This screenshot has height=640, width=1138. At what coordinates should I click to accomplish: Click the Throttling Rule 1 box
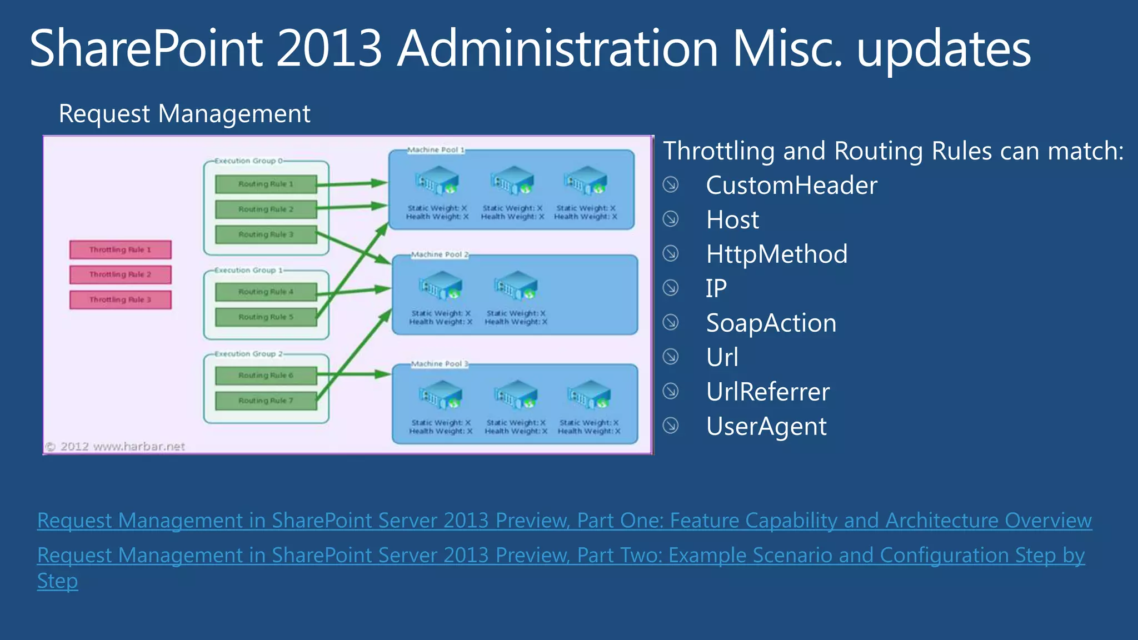(120, 250)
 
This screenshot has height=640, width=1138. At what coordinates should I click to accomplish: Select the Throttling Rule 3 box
(120, 300)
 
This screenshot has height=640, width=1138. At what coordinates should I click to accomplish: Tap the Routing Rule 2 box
(266, 209)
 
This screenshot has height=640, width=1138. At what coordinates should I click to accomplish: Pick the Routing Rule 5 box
(266, 317)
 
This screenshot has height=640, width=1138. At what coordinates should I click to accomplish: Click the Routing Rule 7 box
(266, 401)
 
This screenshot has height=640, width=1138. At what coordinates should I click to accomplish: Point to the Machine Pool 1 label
(436, 150)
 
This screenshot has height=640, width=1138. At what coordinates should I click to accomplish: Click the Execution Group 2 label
(249, 354)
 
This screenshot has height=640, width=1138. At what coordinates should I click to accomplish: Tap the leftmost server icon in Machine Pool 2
(441, 286)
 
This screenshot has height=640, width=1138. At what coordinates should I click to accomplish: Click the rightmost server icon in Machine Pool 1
(586, 181)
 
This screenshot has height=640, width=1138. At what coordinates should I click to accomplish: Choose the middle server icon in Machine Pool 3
(516, 395)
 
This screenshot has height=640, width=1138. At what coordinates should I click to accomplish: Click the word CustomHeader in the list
(791, 186)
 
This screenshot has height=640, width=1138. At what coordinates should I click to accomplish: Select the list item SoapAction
(771, 323)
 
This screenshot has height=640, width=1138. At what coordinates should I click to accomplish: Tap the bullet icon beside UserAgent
(671, 426)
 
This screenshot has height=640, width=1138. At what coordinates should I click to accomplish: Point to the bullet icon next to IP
(671, 288)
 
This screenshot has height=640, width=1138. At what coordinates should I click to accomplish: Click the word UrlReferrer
(767, 392)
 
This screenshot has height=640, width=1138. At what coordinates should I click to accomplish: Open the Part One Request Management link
(564, 521)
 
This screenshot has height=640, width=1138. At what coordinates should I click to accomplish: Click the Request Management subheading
(184, 114)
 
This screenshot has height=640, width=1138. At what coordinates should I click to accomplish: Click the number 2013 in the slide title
(329, 49)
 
